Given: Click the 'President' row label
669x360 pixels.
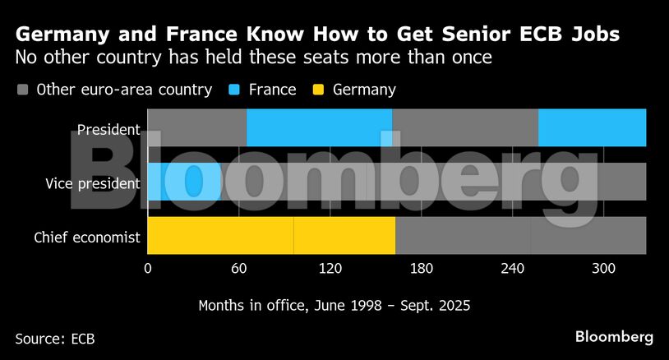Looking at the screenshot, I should (x=108, y=129).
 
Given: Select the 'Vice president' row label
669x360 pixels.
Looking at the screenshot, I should (x=92, y=183).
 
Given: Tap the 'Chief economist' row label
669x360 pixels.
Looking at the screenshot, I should (x=87, y=238).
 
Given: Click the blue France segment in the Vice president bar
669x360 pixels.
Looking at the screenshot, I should (x=184, y=182).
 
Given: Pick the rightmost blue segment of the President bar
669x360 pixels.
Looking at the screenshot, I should (x=592, y=127).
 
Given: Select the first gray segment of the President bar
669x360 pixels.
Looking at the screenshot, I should (x=196, y=127).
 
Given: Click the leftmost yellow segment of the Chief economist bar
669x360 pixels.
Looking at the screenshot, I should (x=219, y=236).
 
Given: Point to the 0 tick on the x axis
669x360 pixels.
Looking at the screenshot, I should (x=148, y=269).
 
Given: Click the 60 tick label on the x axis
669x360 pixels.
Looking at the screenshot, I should (x=239, y=269).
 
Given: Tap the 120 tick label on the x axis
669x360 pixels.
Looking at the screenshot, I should (x=330, y=269).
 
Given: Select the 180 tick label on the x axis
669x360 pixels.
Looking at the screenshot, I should (x=421, y=269).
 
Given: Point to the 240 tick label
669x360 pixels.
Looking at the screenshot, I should (x=512, y=269).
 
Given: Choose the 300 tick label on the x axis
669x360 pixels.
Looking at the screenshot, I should (x=603, y=269).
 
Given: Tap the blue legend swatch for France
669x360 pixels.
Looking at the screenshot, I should (x=233, y=90).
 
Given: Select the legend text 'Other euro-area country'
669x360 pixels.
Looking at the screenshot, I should (x=124, y=90).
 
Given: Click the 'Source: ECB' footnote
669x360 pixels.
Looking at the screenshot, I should (x=55, y=338).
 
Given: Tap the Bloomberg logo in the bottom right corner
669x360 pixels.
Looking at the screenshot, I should (x=614, y=337).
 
